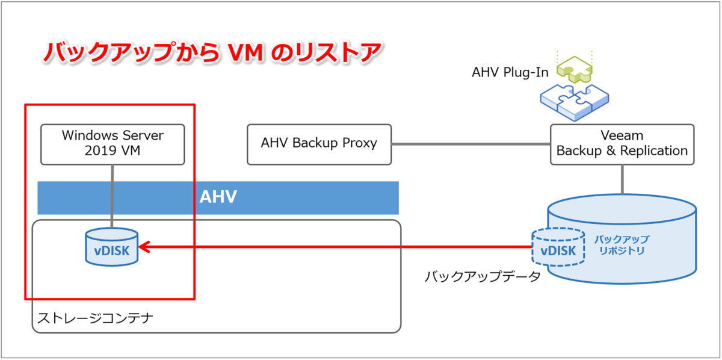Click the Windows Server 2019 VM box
pyautogui.click(x=113, y=144)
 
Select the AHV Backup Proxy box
pyautogui.click(x=319, y=144)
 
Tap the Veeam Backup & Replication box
pyautogui.click(x=622, y=144)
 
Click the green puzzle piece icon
pyautogui.click(x=575, y=69)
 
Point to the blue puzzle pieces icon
pyautogui.click(x=575, y=102)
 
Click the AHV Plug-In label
pyautogui.click(x=510, y=72)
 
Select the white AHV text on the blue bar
pyautogui.click(x=218, y=197)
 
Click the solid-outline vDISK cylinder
pyautogui.click(x=112, y=247)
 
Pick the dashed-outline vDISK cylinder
pyautogui.click(x=558, y=247)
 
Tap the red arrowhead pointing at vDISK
pyautogui.click(x=144, y=247)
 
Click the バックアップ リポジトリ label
pyautogui.click(x=622, y=245)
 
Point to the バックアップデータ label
pyautogui.click(x=482, y=276)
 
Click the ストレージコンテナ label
pyautogui.click(x=95, y=318)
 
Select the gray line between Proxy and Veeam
pyautogui.click(x=471, y=144)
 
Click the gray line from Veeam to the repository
pyautogui.click(x=622, y=179)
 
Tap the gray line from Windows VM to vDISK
pyautogui.click(x=112, y=197)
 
